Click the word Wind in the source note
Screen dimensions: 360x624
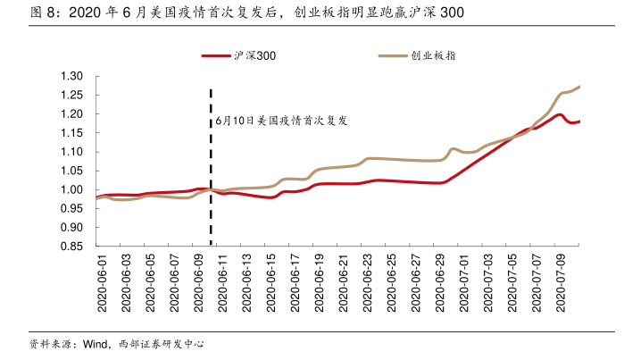pos(95,344)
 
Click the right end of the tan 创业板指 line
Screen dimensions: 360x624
pos(580,87)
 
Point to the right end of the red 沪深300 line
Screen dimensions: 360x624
pos(580,121)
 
